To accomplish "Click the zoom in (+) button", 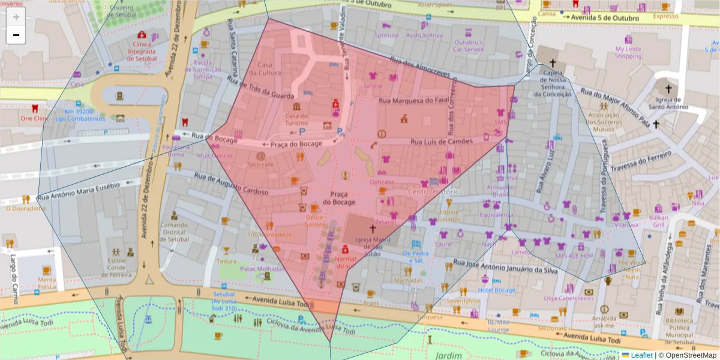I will click(16, 17).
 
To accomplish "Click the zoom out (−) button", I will click(16, 35).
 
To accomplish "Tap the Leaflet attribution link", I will click(638, 355).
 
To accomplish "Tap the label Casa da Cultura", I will click(269, 69).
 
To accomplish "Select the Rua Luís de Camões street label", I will click(441, 141).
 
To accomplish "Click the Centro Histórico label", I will click(435, 191).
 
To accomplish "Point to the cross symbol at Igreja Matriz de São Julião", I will click(372, 229).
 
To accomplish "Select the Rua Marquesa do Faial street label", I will click(413, 100).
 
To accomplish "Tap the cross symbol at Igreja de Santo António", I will click(656, 124).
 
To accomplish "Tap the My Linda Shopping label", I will click(628, 53).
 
